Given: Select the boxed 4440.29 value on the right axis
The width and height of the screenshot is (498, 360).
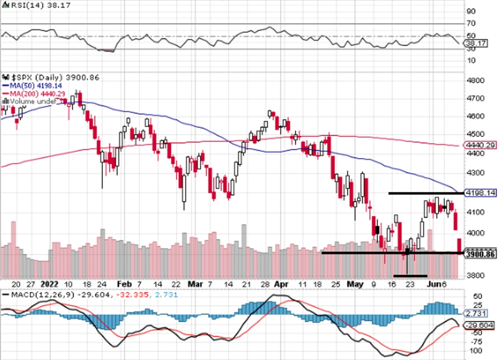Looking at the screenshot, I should [x=479, y=145].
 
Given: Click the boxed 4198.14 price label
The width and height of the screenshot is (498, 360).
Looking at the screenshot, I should [x=479, y=193].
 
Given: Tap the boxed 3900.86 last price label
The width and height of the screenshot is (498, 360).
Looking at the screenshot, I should [x=479, y=254].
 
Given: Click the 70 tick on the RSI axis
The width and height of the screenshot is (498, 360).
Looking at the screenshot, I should [x=470, y=24].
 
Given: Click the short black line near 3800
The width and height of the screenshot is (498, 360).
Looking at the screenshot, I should [x=410, y=276].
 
